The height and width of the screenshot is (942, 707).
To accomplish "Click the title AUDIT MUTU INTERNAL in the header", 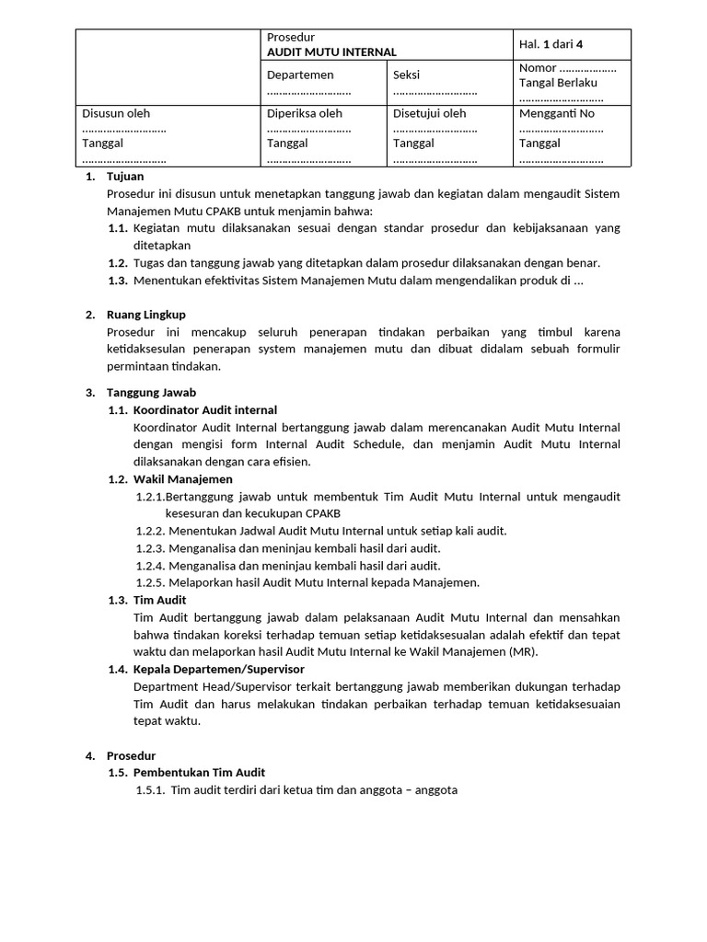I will pos(331,52).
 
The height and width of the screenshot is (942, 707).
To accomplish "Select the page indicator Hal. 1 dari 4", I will pos(551,44).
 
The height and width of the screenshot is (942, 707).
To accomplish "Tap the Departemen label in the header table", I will pos(300,75).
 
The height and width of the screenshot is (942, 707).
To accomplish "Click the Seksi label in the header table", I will pos(406,75).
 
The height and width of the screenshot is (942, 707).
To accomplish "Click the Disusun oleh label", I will pos(116,114).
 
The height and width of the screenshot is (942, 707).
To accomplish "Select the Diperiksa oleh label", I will pos(304,114).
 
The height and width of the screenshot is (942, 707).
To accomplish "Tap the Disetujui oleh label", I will pos(429,114).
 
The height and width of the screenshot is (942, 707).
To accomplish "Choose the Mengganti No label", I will pos(557,114).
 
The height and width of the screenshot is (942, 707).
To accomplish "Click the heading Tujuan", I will pos(125,177).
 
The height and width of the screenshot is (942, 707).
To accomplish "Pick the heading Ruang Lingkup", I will pos(146,315).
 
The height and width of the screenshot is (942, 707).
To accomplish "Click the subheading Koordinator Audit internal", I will pos(204,410).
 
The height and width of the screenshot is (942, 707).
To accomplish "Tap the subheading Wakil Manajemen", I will pos(182,479).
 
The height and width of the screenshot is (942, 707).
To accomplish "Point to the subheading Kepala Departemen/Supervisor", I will pos(218,669).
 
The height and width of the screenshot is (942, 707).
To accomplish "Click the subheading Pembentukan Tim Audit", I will pos(199,773).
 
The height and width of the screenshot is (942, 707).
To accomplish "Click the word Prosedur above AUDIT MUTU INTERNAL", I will pos(290,37).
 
